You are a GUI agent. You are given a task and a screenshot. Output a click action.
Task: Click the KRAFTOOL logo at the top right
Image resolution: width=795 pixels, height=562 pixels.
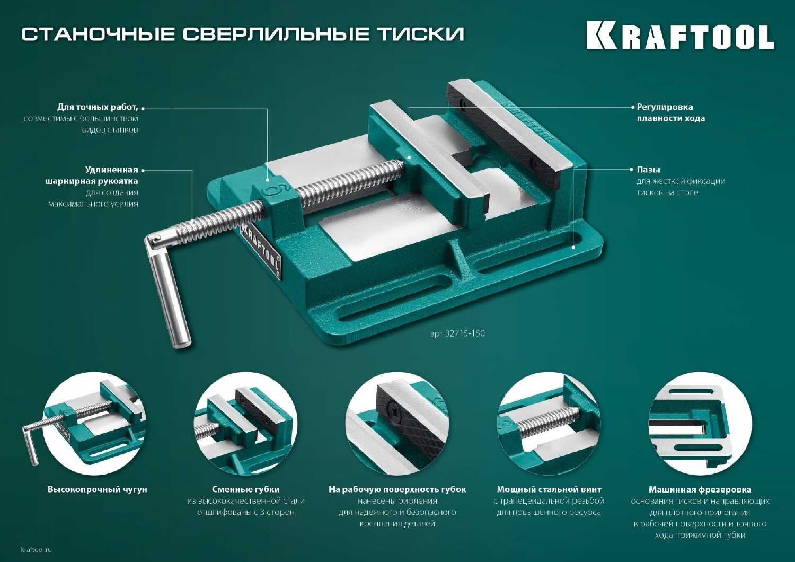(x=680, y=36)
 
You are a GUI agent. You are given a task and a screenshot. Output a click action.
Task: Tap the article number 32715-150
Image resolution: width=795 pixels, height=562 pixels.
(x=457, y=333)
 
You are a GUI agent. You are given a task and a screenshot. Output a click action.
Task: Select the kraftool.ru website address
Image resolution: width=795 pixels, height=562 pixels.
(x=37, y=550)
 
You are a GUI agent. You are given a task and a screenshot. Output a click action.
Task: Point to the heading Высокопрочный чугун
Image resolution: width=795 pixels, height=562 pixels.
(x=98, y=489)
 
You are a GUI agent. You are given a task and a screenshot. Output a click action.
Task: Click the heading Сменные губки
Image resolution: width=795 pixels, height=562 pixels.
(x=245, y=489)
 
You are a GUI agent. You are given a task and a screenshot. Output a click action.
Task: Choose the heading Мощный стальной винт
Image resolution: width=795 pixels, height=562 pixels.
(x=549, y=489)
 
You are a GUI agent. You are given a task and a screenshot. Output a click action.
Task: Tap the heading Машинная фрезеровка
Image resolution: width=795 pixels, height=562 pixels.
(x=700, y=489)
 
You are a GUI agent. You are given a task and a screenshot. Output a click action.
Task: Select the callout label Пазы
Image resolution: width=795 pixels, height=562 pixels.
(x=648, y=170)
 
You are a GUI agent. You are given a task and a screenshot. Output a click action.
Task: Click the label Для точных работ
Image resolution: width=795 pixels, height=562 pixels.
(x=98, y=107)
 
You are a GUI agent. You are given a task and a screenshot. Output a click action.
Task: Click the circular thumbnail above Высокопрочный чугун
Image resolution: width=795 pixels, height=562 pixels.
(x=94, y=424)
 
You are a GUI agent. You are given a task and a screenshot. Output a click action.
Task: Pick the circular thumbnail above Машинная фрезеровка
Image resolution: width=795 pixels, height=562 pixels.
(x=700, y=424)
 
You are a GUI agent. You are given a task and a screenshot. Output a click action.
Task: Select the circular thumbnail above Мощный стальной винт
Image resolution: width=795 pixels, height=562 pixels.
(x=549, y=424)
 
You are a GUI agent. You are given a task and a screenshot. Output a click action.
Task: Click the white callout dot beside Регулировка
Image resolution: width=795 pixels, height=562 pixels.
(x=632, y=107)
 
